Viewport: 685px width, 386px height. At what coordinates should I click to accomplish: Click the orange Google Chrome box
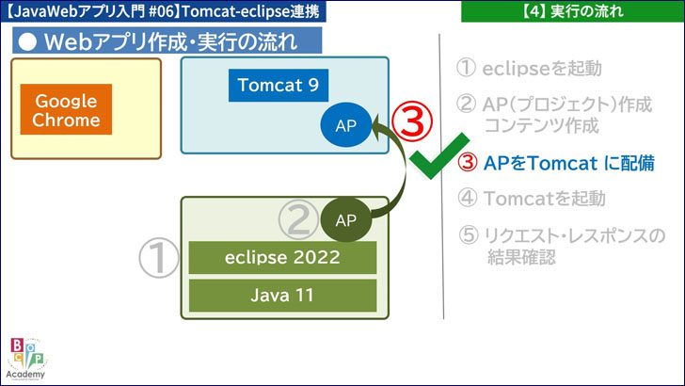(66, 110)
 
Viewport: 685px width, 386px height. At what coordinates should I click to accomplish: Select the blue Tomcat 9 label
(278, 86)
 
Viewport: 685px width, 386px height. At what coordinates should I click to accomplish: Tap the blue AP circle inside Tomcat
(345, 127)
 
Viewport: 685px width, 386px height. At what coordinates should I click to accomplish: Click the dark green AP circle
(345, 220)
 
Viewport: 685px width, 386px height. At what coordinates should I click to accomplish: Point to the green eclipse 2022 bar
(282, 257)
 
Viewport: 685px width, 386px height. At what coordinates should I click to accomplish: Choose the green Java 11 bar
(282, 295)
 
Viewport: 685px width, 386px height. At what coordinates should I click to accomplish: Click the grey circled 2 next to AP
(298, 221)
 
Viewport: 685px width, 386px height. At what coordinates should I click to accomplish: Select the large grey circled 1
(158, 257)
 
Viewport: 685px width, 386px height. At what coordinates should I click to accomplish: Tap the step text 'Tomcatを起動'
(545, 198)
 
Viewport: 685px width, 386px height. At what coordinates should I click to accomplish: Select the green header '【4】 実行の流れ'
(572, 11)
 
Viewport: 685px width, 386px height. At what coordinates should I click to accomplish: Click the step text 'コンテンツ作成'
(540, 124)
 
